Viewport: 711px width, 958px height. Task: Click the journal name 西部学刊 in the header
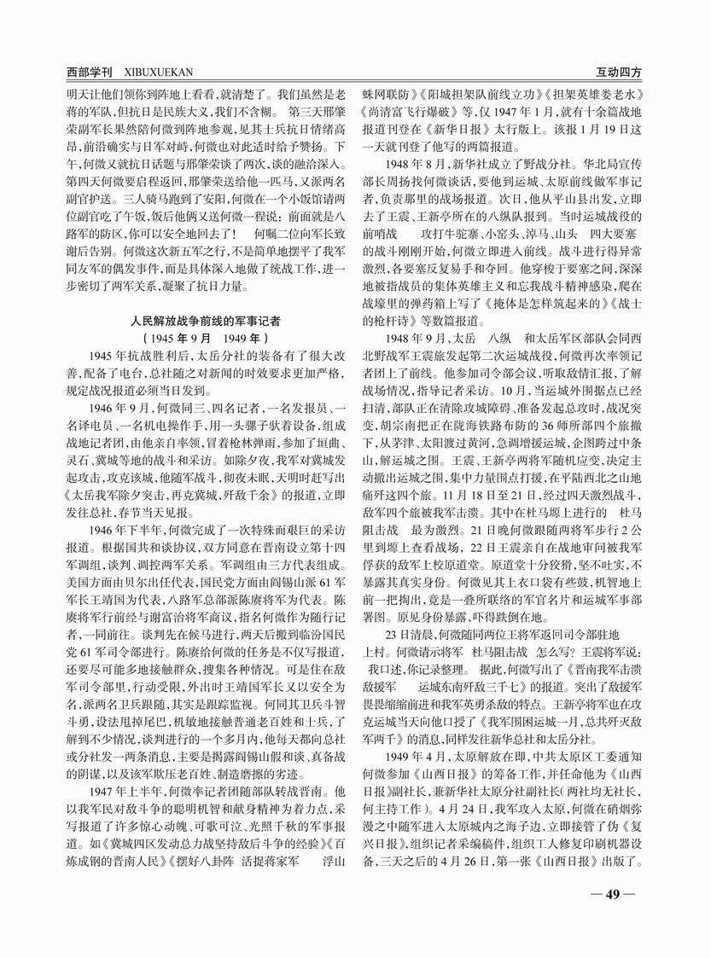pos(91,73)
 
